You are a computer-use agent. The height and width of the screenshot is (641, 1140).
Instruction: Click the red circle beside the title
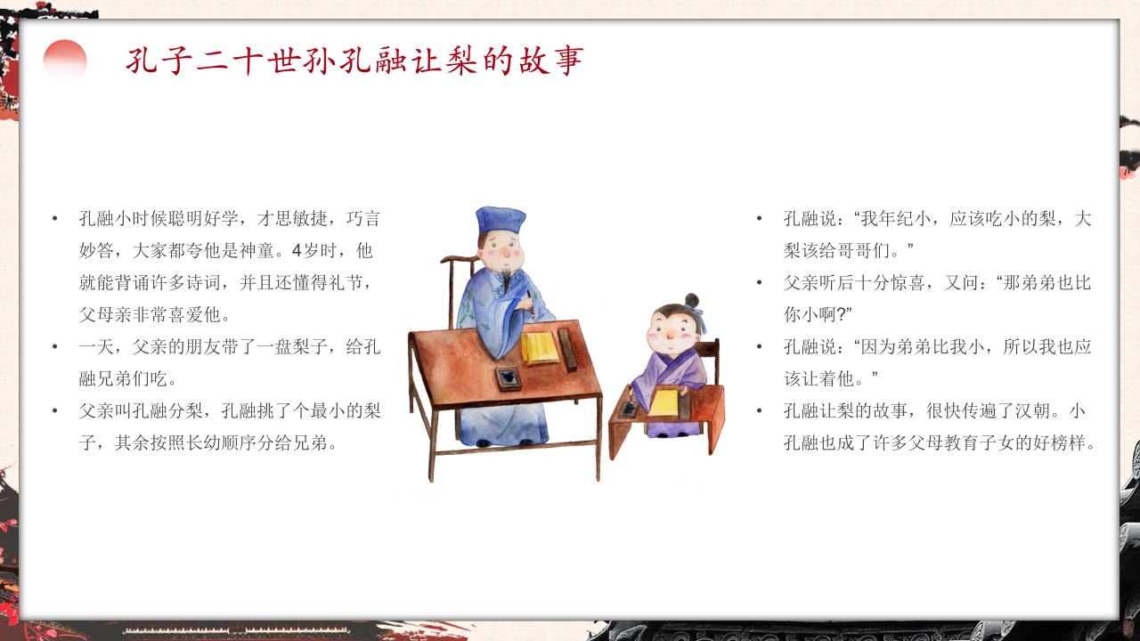[65, 61]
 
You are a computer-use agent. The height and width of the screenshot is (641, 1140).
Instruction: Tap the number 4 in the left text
[297, 251]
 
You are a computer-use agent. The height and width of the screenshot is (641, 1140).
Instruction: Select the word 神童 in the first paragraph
[257, 251]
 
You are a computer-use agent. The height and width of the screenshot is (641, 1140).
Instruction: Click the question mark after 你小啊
[842, 315]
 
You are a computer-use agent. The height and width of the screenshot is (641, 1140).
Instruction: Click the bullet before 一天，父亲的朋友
[55, 347]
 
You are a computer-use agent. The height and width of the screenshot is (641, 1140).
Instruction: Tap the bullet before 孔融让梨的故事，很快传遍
[760, 410]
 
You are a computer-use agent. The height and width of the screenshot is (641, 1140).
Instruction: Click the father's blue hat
[501, 221]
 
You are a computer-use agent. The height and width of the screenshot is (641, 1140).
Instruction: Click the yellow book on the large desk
[541, 348]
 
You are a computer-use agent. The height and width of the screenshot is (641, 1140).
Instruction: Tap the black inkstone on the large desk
[509, 378]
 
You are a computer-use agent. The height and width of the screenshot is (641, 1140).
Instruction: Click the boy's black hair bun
[692, 300]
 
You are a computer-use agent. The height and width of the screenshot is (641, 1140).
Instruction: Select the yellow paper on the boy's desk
[664, 402]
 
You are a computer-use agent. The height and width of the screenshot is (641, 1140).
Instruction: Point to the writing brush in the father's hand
[531, 304]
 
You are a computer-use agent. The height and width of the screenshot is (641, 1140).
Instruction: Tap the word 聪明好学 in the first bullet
[204, 219]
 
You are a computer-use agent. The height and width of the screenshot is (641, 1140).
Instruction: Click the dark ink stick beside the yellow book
[567, 350]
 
